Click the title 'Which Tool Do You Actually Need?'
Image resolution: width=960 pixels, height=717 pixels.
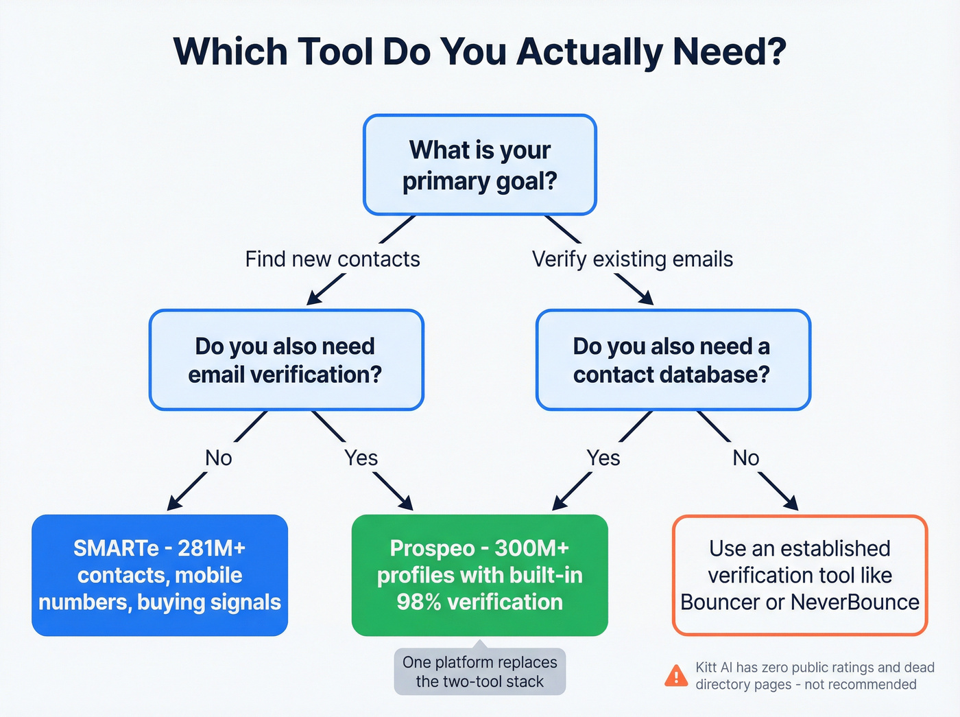[x=479, y=51]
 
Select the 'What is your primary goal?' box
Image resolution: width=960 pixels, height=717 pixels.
[x=479, y=165]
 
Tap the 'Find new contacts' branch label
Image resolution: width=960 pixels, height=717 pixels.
[x=333, y=259]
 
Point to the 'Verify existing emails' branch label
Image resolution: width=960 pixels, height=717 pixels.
[x=632, y=259]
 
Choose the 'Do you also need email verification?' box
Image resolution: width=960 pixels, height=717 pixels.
[x=286, y=360]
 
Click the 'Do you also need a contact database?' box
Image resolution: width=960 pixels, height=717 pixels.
[x=673, y=360]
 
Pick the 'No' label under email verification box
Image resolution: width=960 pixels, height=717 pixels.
[x=219, y=458]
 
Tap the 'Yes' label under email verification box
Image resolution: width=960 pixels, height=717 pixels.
[x=361, y=458]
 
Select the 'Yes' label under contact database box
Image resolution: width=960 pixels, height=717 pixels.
[x=603, y=458]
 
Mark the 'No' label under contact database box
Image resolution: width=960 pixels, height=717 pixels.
[x=746, y=458]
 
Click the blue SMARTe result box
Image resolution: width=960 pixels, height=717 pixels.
[x=160, y=575]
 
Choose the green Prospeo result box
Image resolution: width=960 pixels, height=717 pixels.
[x=479, y=575]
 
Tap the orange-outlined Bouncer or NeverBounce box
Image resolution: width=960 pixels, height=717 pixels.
[x=800, y=575]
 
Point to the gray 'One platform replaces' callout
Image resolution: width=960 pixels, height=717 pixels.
[x=479, y=672]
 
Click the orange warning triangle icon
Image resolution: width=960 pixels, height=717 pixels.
[x=676, y=676]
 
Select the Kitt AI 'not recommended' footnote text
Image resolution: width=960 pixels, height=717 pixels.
[x=815, y=676]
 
